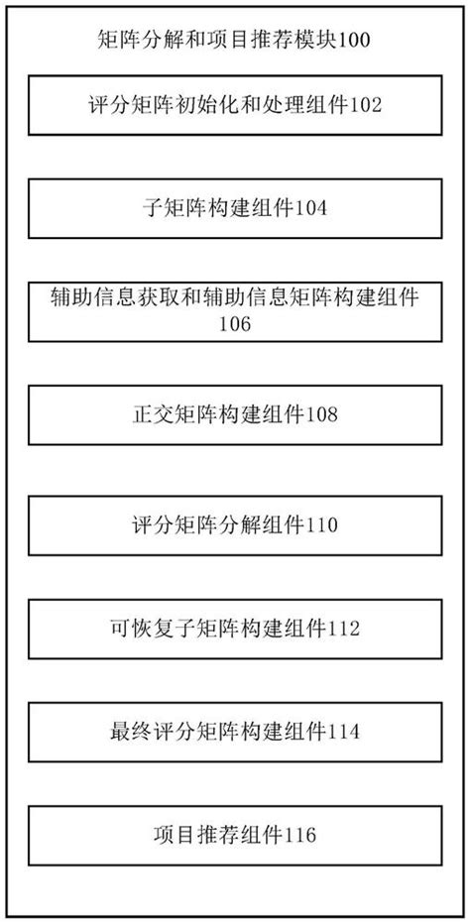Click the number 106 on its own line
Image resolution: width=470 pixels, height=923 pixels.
(x=235, y=324)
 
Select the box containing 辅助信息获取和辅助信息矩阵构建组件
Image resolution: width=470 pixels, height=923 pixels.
(x=235, y=311)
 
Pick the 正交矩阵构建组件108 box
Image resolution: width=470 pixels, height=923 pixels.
(x=235, y=415)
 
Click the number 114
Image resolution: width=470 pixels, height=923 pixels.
(x=339, y=733)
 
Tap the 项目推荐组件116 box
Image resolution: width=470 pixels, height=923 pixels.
(x=235, y=835)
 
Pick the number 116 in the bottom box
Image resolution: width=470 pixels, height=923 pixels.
(x=298, y=837)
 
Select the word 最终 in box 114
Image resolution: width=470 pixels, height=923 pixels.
(x=129, y=733)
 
